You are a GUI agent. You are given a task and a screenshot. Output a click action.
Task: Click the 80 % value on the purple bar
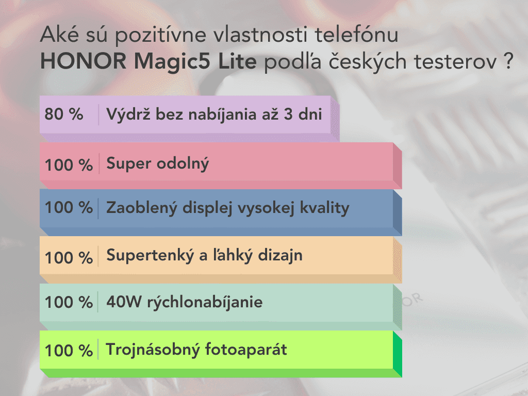point(64,114)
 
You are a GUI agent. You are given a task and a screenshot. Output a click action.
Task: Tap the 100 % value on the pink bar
point(69,165)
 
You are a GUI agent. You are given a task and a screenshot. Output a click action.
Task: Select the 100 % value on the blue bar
point(69,207)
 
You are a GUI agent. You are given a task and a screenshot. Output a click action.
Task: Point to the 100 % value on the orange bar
point(69,258)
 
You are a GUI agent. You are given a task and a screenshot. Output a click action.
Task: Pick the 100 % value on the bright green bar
point(69,350)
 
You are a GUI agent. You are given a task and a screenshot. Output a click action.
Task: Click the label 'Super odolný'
point(158,164)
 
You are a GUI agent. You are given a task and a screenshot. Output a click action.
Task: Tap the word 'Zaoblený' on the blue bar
point(141,208)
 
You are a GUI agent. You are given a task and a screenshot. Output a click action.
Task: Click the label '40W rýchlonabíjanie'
point(185,302)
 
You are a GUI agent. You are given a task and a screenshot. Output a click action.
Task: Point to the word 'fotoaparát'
point(246,349)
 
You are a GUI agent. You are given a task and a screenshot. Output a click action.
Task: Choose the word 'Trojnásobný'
point(153,350)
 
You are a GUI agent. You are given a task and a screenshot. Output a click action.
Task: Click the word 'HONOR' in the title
point(83,61)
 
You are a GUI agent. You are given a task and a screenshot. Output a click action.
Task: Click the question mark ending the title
point(508,61)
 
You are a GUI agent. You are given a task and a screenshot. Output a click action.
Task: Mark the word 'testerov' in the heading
point(455,62)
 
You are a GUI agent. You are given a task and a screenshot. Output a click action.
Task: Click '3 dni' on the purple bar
point(303,114)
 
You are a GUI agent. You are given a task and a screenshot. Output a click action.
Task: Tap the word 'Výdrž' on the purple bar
point(128,114)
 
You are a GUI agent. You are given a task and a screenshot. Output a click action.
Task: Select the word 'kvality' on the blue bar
point(325,208)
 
